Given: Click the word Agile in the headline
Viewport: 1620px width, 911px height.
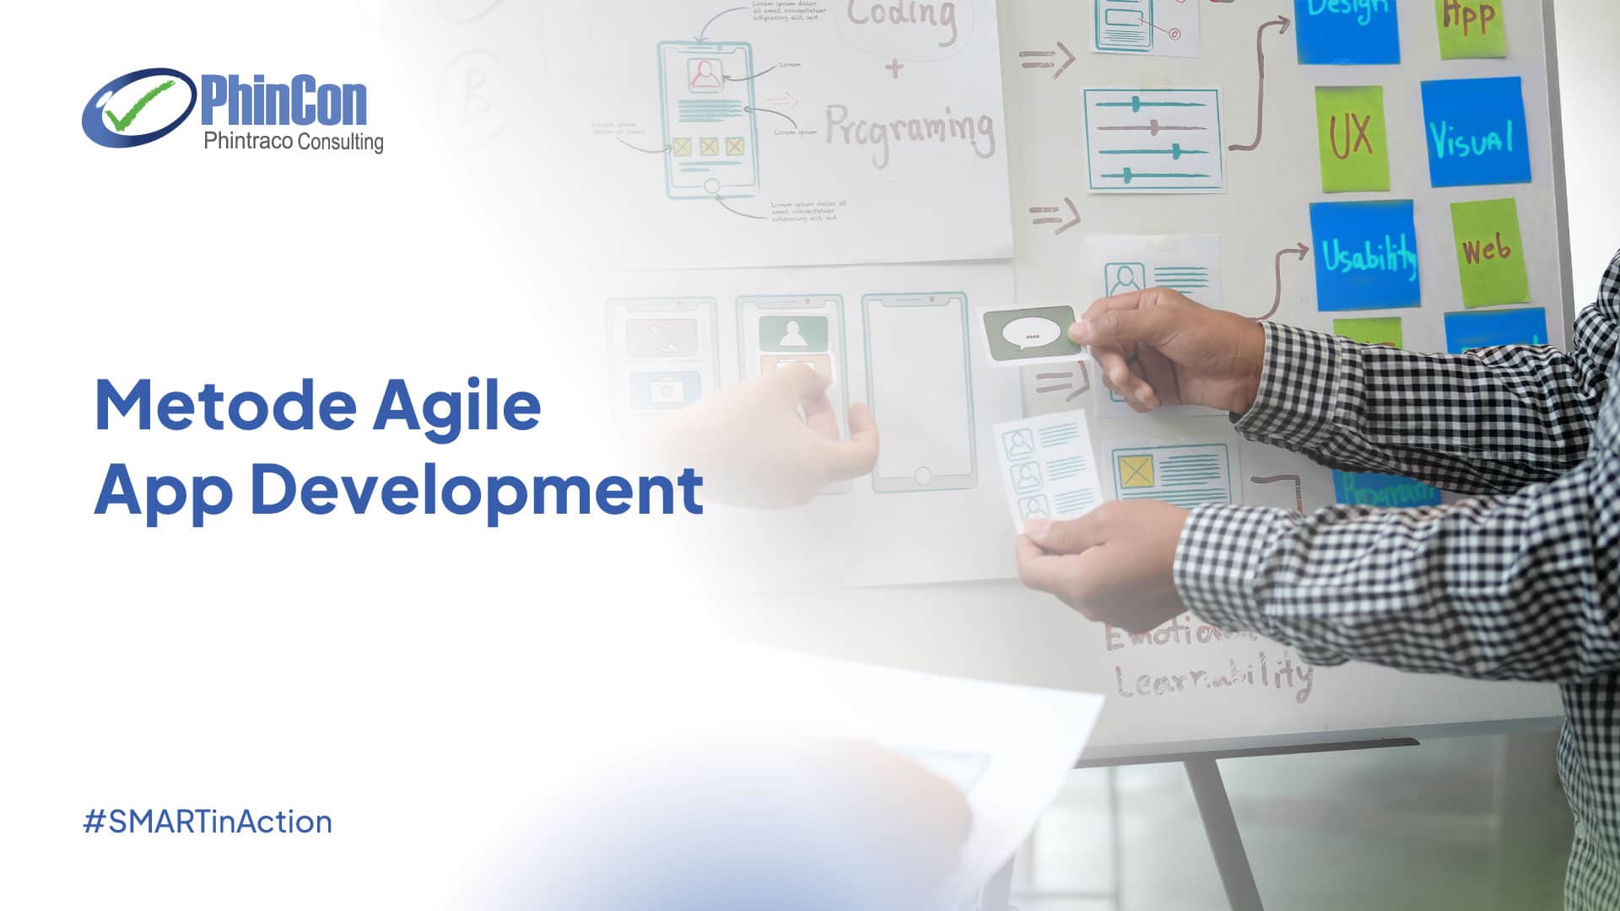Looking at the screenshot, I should [x=456, y=407].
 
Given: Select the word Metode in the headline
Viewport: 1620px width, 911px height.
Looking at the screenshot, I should [x=225, y=406].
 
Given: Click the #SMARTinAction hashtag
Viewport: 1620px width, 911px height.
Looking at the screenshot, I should [x=208, y=822].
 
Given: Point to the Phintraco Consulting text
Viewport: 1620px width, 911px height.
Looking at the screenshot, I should [x=293, y=142].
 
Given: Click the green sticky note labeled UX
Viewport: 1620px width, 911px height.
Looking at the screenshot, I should [x=1352, y=137].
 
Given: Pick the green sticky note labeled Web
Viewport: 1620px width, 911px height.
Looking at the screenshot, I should [x=1488, y=251].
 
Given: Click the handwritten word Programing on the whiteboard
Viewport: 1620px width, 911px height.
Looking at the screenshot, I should [x=909, y=132].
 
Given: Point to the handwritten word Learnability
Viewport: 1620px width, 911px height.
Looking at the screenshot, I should [x=1212, y=677].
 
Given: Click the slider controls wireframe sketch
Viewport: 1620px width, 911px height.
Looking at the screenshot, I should [x=1153, y=139].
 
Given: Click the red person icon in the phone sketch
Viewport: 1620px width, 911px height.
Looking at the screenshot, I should [x=705, y=74].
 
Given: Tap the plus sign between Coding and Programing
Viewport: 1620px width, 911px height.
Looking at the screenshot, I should [x=894, y=67].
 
